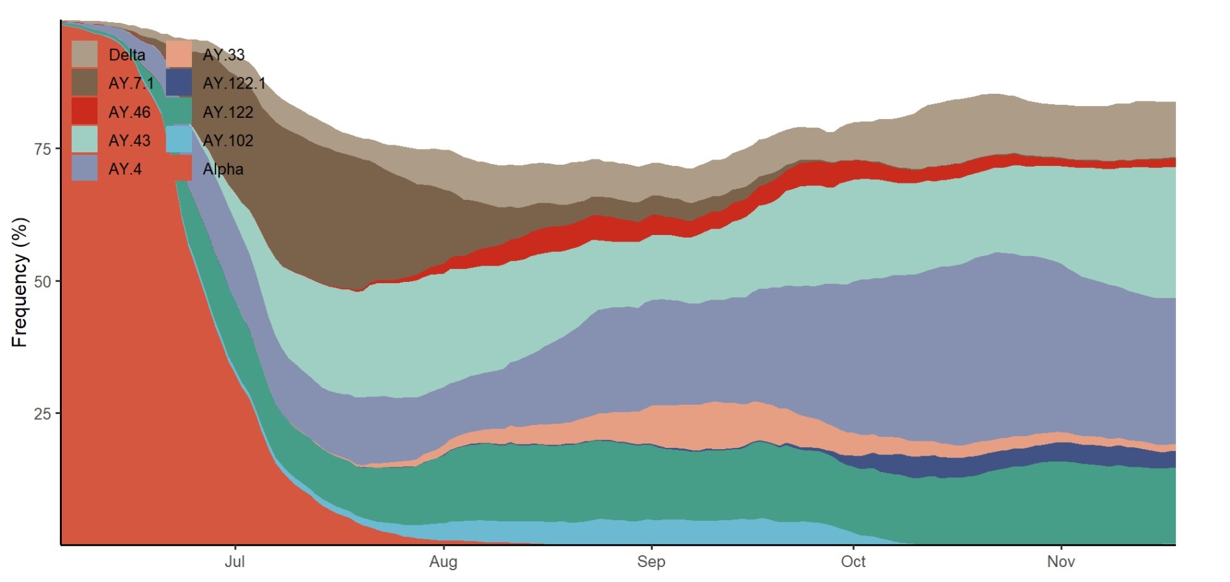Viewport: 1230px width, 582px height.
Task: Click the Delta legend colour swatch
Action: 85,54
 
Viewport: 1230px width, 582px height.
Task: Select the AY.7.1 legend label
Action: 131,83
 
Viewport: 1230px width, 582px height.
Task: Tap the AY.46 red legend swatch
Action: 85,111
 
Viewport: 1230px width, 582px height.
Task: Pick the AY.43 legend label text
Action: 129,141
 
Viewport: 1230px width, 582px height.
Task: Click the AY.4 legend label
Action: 124,169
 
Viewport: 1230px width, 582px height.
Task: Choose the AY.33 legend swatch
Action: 179,54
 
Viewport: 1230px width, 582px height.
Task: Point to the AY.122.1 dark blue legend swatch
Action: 179,83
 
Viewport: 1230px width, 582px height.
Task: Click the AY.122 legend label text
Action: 228,112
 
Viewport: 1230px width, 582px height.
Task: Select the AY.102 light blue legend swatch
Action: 179,140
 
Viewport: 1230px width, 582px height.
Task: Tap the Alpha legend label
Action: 223,169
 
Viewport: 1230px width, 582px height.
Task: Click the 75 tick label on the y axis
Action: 42,149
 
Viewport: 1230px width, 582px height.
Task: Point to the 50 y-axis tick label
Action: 42,282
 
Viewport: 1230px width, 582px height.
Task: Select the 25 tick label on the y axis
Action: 42,414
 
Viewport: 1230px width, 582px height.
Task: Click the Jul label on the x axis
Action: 234,562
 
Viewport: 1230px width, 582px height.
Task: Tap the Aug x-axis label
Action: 443,562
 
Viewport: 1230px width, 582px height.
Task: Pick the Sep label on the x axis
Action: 651,562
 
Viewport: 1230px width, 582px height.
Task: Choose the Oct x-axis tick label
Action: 853,562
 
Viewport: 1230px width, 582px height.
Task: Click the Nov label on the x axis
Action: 1061,562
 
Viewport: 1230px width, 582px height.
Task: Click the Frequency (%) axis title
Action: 20,282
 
